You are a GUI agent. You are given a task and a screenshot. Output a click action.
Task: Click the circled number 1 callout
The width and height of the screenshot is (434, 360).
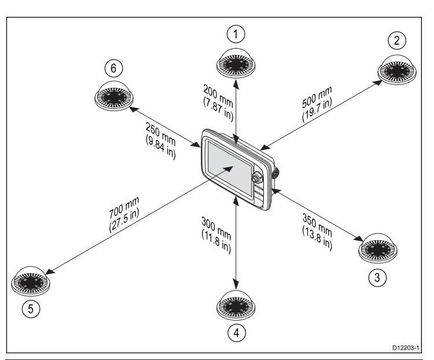pyautogui.click(x=235, y=35)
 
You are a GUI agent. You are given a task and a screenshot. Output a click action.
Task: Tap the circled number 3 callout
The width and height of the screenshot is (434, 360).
pyautogui.click(x=377, y=277)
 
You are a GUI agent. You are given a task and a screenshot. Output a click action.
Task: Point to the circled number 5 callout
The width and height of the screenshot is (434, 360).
pyautogui.click(x=34, y=309)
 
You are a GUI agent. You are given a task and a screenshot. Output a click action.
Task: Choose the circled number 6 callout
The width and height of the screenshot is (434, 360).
pyautogui.click(x=113, y=69)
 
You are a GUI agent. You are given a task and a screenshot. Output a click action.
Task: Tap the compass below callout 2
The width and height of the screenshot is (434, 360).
pyautogui.click(x=396, y=70)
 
